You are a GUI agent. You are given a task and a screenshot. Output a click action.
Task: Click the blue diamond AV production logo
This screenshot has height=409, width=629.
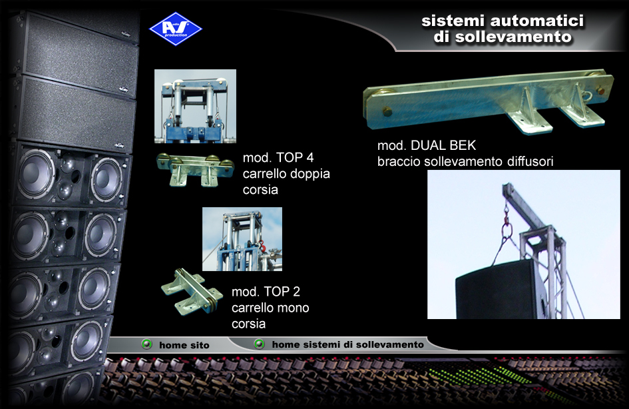click(x=175, y=29)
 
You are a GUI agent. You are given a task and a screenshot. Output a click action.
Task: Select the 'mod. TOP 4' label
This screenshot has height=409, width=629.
click(x=278, y=157)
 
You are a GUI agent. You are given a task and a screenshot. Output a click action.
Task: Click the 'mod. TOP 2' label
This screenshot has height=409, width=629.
click(x=266, y=291)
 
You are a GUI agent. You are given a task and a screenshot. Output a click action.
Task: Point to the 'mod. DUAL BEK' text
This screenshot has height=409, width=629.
click(x=427, y=145)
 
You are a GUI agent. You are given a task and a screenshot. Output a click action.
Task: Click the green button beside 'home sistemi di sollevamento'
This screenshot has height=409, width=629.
click(x=259, y=344)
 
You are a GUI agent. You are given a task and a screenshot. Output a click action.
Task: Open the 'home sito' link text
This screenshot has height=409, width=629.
click(x=184, y=345)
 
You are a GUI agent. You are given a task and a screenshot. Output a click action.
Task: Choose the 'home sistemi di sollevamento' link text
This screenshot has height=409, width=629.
click(x=348, y=344)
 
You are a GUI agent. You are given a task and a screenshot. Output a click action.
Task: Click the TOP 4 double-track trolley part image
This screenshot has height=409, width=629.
click(x=195, y=169)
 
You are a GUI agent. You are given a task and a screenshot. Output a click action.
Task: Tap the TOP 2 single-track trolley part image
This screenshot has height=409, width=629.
click(x=192, y=291)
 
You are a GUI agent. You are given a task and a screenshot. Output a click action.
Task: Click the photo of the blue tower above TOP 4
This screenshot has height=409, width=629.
click(x=196, y=106)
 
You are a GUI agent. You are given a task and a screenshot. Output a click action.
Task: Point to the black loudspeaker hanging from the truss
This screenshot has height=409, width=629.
click(x=501, y=290)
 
